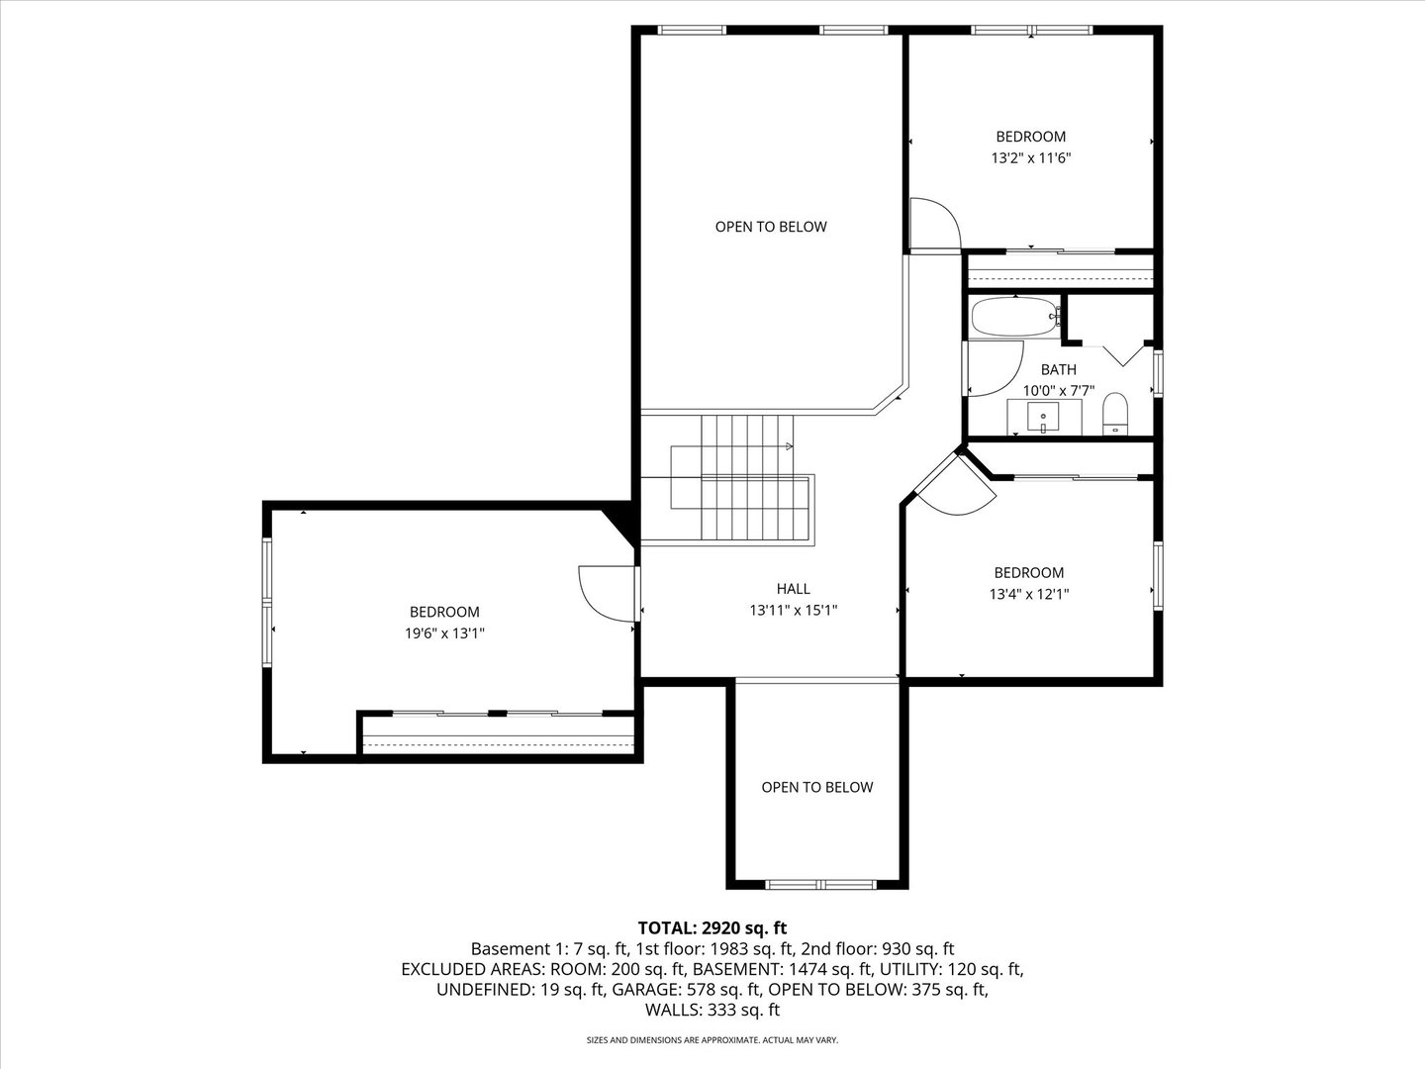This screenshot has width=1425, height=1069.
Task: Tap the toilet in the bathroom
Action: pyautogui.click(x=1115, y=413)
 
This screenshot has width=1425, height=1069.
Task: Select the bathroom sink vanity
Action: pyautogui.click(x=1043, y=419)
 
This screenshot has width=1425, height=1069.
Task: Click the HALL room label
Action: pyautogui.click(x=793, y=589)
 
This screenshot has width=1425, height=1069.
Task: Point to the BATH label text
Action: pyautogui.click(x=1058, y=369)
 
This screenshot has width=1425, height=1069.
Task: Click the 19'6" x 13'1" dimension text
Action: pyautogui.click(x=444, y=633)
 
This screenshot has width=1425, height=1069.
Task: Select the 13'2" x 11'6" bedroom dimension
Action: pyautogui.click(x=1031, y=157)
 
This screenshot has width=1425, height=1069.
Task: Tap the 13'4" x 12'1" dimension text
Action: pyautogui.click(x=1029, y=594)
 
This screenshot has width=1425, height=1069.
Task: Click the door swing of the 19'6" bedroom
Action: pyautogui.click(x=602, y=594)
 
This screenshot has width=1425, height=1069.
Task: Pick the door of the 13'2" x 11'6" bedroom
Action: pyautogui.click(x=934, y=226)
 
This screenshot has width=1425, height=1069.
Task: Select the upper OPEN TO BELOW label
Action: pyautogui.click(x=771, y=227)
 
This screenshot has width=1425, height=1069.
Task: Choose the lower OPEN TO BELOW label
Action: pyautogui.click(x=816, y=787)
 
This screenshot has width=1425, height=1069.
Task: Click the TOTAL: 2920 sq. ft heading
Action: pyautogui.click(x=712, y=927)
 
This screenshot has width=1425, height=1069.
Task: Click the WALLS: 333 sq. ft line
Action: pyautogui.click(x=712, y=1010)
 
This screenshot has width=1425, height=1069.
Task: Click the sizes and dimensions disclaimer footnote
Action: pyautogui.click(x=712, y=1040)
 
